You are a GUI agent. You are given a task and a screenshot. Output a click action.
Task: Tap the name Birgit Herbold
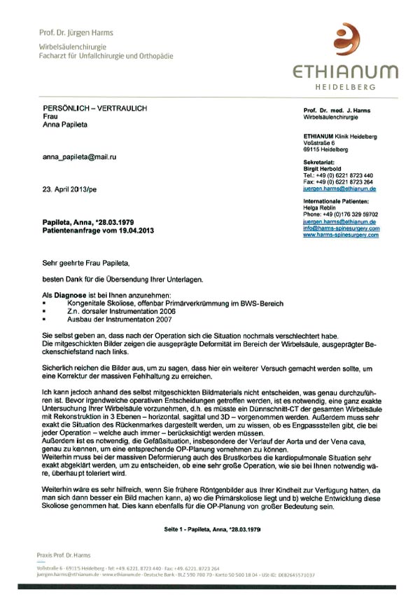tap(323, 168)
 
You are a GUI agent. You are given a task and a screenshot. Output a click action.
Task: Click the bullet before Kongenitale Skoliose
tap(45, 304)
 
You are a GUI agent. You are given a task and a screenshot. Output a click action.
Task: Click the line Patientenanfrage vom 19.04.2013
tap(97, 230)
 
